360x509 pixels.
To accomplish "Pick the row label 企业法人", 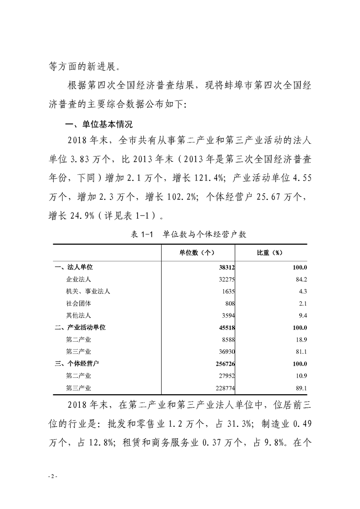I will [79, 279].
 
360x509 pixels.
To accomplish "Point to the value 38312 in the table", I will [225, 268].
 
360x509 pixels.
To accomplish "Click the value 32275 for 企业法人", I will [225, 279].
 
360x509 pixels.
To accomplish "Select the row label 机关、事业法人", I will [88, 291].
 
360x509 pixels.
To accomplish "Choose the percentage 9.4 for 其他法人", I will [303, 315].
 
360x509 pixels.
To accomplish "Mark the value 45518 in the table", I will [225, 327].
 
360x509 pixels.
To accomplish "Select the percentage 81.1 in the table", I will [301, 351].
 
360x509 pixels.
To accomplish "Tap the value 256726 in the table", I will [223, 363].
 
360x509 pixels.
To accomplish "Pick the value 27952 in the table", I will [225, 375].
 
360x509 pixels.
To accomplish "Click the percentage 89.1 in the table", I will [301, 387].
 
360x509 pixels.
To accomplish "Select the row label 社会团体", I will [79, 303].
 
